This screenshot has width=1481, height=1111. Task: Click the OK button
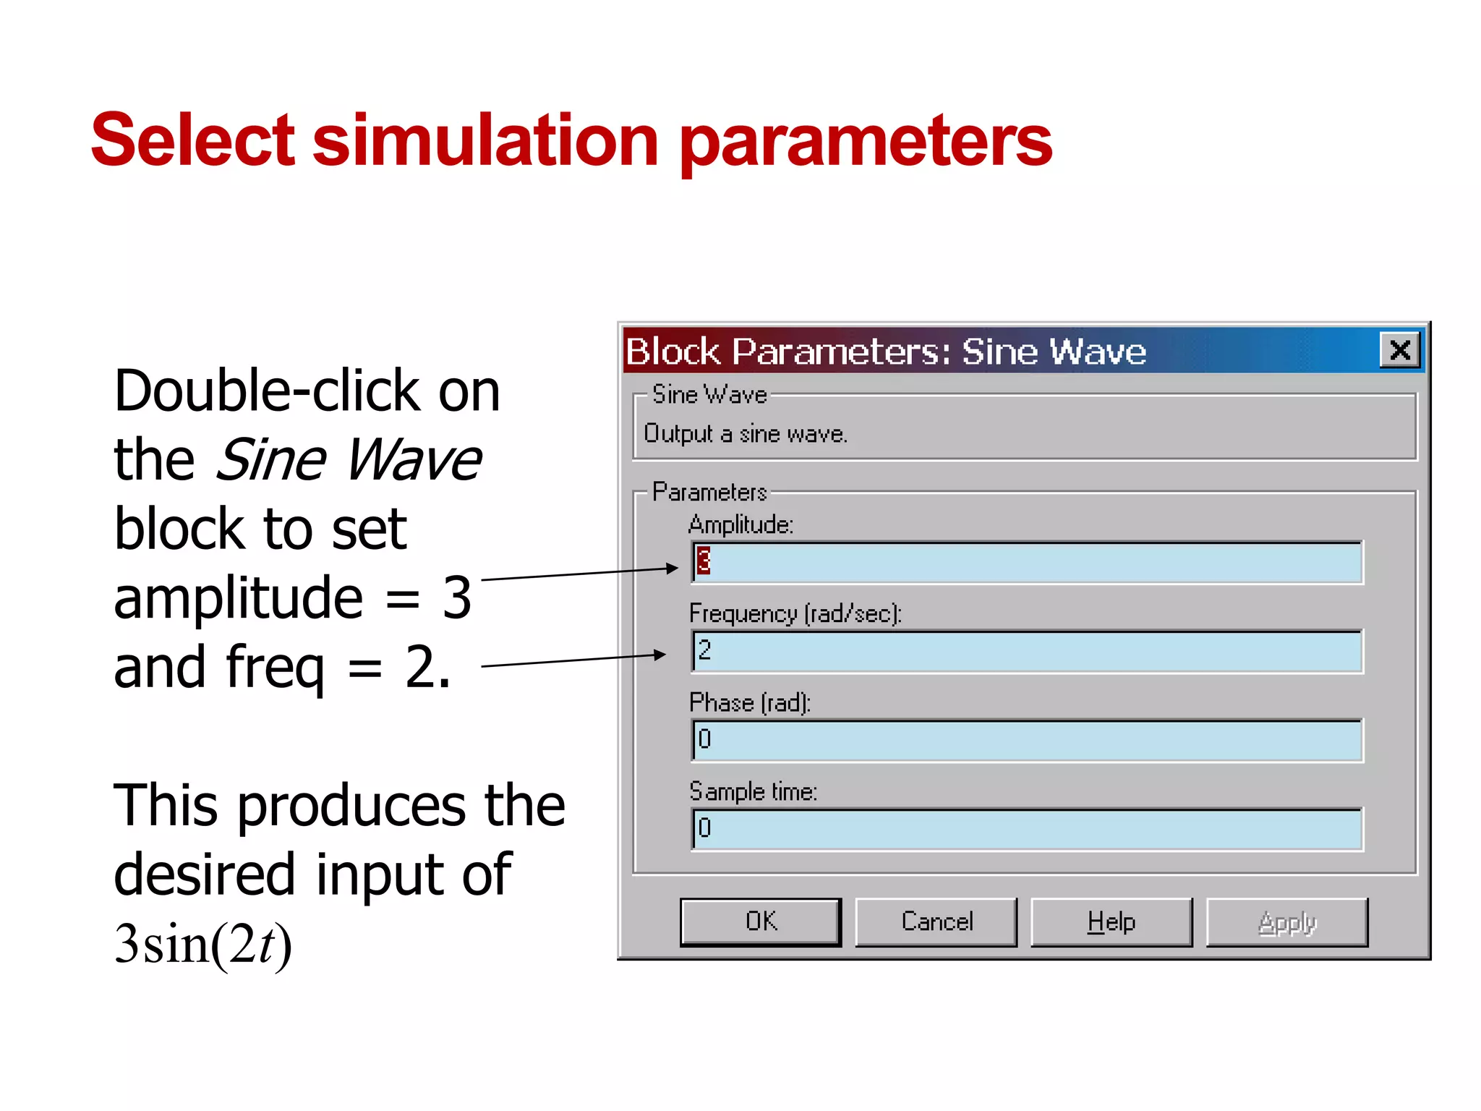tap(761, 921)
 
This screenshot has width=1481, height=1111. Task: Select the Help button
tap(1111, 921)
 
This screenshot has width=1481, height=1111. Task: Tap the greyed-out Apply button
tap(1287, 921)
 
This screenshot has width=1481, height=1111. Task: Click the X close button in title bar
tap(1400, 351)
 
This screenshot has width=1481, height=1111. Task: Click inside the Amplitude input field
tap(1027, 562)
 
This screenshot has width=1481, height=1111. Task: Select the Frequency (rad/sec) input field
tap(1027, 651)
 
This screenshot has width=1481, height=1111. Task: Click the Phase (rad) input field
tap(1027, 740)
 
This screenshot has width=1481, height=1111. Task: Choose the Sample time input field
tap(1027, 829)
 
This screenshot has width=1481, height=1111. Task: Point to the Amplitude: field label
tap(740, 524)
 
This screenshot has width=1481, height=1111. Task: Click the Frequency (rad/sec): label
tap(795, 613)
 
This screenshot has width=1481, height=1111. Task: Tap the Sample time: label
tap(753, 791)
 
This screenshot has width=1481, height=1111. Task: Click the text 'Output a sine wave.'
tap(745, 433)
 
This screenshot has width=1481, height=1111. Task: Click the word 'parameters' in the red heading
tap(866, 141)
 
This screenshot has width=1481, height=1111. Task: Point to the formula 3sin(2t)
tap(203, 944)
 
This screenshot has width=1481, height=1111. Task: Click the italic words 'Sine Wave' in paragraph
tap(349, 460)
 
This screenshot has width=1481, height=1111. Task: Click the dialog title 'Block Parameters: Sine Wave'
tap(885, 352)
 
